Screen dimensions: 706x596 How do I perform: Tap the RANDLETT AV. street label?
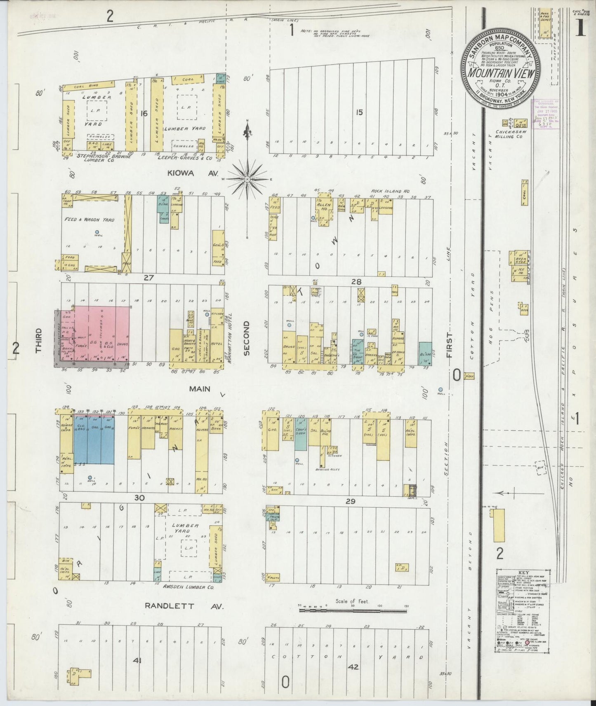184,606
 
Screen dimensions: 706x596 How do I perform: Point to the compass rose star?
247,179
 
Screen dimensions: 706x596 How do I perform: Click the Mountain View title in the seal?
500,73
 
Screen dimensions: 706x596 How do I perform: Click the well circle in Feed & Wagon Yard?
97,232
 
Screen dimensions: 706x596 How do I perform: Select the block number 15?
359,112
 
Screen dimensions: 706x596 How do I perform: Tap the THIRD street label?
39,340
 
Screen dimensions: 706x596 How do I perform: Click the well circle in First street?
441,389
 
